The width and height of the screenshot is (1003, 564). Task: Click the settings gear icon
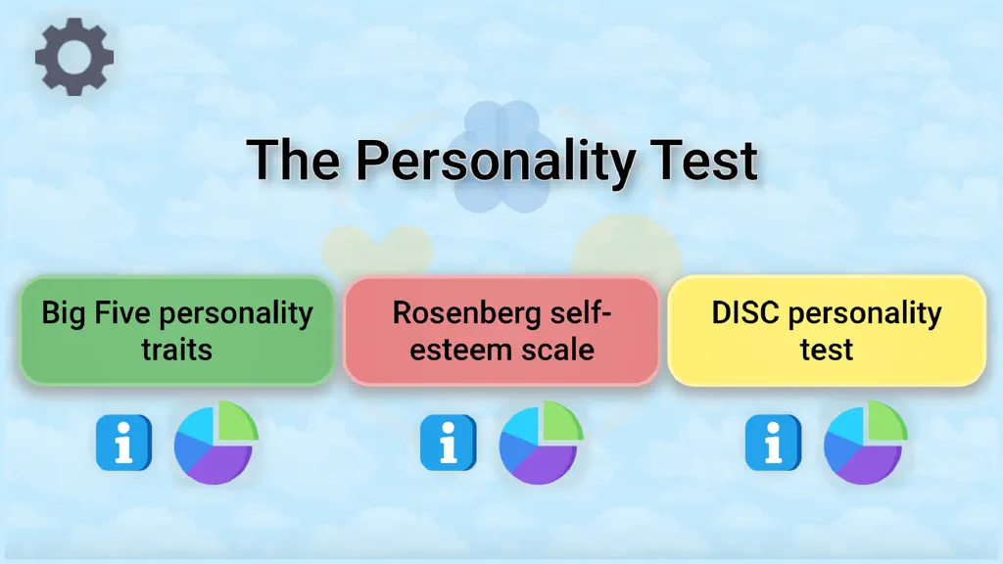click(x=74, y=57)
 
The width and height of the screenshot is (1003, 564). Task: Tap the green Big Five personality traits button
click(x=177, y=331)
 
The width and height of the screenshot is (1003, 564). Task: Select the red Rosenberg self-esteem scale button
click(x=501, y=331)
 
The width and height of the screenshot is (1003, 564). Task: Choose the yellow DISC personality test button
click(x=827, y=331)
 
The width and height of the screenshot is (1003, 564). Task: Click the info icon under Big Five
click(x=124, y=443)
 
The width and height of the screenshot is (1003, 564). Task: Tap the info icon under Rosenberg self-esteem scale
click(x=449, y=443)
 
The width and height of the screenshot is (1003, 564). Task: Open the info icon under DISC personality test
click(x=774, y=443)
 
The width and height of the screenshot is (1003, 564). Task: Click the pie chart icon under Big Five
click(x=215, y=443)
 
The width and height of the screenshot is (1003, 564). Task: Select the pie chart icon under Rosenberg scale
click(x=541, y=443)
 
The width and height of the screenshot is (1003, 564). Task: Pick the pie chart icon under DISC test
click(x=865, y=443)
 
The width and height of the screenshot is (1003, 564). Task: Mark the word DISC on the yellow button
click(x=745, y=312)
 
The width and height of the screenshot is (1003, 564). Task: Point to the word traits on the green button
click(x=176, y=350)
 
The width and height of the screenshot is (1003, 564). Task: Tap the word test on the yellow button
click(x=827, y=350)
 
